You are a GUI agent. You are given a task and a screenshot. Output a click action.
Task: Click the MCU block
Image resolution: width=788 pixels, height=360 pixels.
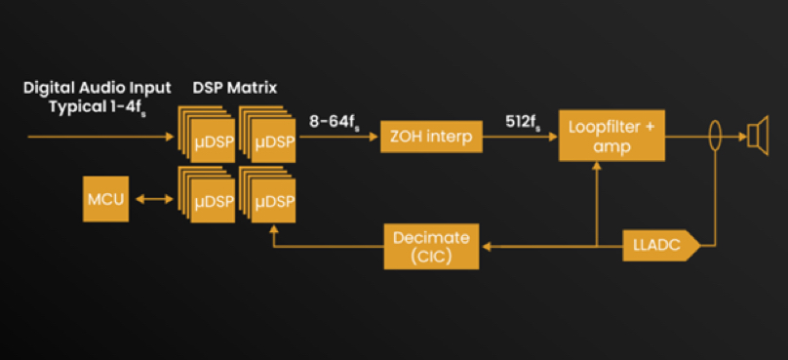105,199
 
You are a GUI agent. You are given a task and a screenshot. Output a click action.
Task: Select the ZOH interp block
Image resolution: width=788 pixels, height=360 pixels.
432,137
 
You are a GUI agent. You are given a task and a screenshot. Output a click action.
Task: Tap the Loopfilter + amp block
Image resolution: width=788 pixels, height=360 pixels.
611,136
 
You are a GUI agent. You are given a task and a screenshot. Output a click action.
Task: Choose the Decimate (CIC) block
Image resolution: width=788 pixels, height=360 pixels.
431,247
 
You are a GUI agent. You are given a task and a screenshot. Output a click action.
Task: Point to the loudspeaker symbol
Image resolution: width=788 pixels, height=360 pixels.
758,136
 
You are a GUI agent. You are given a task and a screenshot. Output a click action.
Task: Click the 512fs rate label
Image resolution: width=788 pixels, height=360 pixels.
523,124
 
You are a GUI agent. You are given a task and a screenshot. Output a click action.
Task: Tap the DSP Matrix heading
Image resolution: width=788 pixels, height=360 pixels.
235,88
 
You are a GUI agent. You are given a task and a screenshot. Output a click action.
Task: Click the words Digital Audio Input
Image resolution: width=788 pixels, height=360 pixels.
98,88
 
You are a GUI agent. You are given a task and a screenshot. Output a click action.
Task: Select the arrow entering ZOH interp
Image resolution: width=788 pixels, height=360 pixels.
337,137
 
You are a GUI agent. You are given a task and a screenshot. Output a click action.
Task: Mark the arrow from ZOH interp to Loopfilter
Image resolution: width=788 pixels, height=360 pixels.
520,137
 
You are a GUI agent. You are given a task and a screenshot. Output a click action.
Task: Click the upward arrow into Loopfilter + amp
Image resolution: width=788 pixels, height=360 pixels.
597,204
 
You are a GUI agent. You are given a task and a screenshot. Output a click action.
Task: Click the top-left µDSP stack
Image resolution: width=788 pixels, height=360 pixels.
207,134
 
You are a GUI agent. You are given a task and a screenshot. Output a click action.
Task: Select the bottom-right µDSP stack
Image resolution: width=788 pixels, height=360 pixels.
267,194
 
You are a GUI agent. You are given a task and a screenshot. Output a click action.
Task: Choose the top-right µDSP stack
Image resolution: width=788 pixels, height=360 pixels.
267,134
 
